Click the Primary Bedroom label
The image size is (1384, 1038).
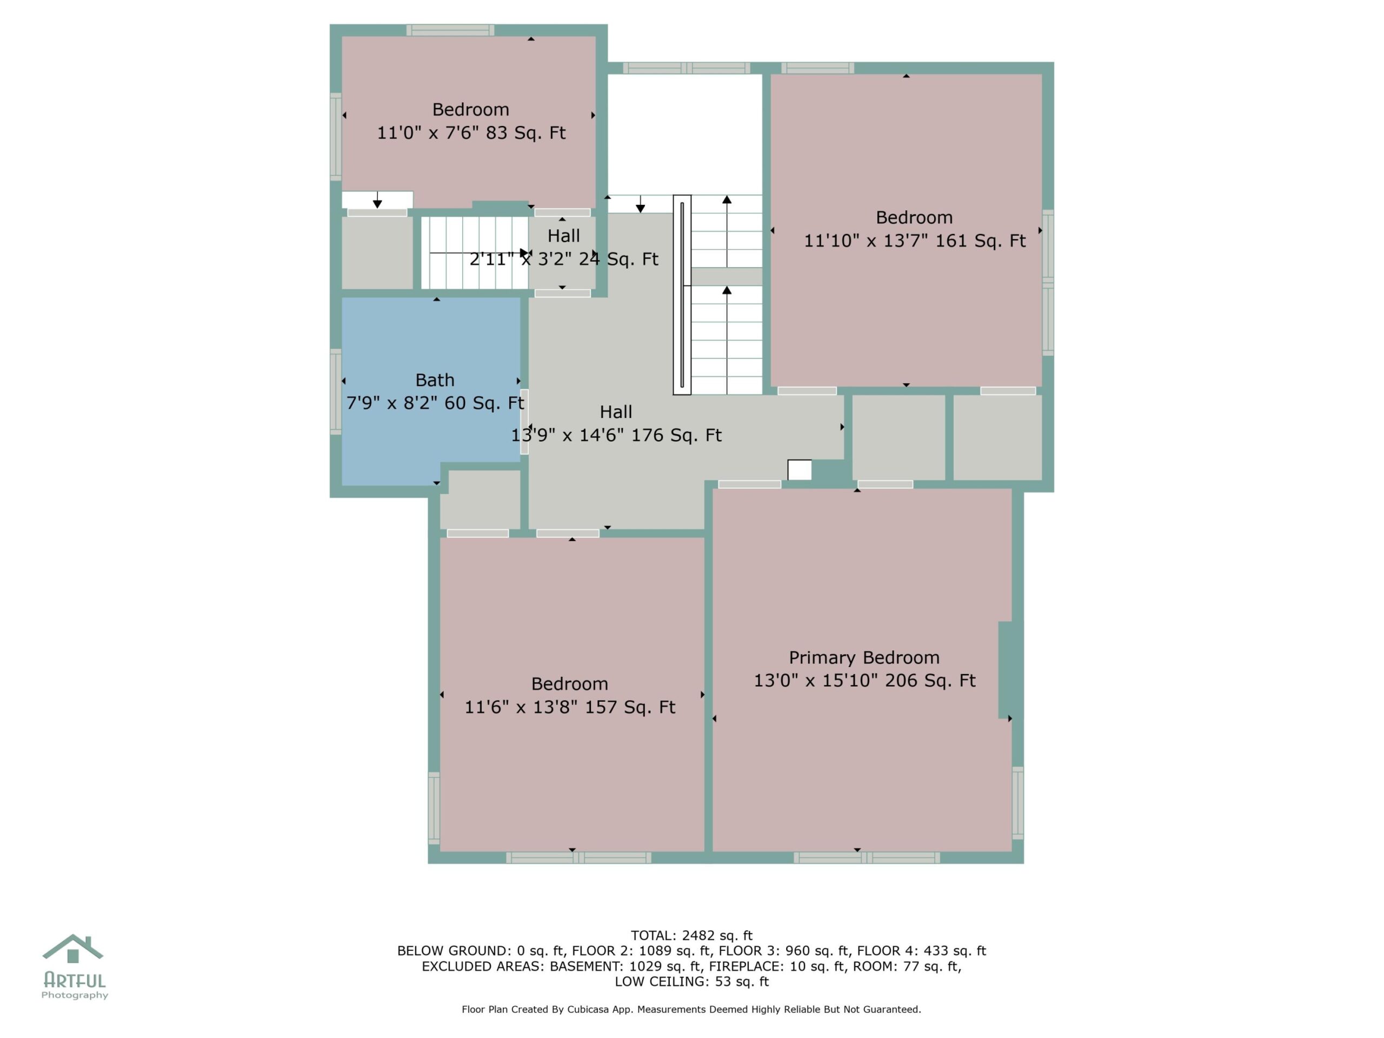(x=864, y=657)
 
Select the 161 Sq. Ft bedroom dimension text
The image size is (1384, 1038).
(x=914, y=241)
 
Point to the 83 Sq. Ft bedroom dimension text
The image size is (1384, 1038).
(x=471, y=132)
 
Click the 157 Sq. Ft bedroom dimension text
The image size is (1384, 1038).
(x=569, y=707)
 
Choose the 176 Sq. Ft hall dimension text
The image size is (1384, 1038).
(x=616, y=435)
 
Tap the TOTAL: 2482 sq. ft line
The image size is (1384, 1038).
(x=691, y=935)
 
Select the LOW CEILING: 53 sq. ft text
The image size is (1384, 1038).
(x=691, y=981)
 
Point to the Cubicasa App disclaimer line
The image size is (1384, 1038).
(x=691, y=1009)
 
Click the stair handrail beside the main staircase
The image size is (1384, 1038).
(x=682, y=295)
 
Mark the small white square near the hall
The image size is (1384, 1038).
(x=800, y=470)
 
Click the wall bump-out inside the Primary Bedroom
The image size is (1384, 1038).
(x=1005, y=669)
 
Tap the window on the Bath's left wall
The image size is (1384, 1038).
(x=336, y=391)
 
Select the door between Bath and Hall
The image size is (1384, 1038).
(x=524, y=421)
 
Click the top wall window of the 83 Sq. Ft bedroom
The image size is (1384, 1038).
(x=450, y=30)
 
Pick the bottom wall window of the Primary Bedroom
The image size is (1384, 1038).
(x=867, y=858)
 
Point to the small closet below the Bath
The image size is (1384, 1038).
(x=480, y=500)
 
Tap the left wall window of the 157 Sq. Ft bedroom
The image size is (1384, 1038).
(x=434, y=808)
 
